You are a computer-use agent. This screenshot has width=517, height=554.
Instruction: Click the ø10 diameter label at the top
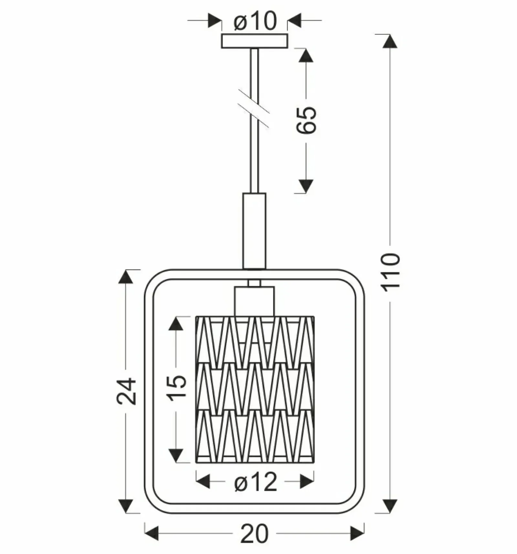(x=255, y=21)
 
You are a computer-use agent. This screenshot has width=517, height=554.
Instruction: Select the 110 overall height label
(x=391, y=272)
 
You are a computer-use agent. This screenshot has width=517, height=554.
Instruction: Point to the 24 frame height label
(x=126, y=391)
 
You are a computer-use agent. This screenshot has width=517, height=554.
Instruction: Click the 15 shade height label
(x=177, y=387)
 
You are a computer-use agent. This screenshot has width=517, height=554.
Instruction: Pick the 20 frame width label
(x=254, y=534)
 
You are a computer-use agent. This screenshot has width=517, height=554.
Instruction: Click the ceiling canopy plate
(x=254, y=41)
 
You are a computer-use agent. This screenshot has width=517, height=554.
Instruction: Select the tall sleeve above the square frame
(x=254, y=231)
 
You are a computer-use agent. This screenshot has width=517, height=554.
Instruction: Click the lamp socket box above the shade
(x=254, y=301)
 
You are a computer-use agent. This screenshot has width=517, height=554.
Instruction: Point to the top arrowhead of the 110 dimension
(x=390, y=41)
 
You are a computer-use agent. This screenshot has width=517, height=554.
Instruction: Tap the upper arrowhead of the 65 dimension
(x=306, y=56)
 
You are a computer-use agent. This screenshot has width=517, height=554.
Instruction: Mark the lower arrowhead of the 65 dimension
(x=306, y=186)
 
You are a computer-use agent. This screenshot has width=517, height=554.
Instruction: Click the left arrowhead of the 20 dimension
(x=152, y=533)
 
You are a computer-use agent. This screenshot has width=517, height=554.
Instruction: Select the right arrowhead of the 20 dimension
(x=357, y=533)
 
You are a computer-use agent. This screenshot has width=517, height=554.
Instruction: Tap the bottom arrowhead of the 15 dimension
(x=176, y=456)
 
